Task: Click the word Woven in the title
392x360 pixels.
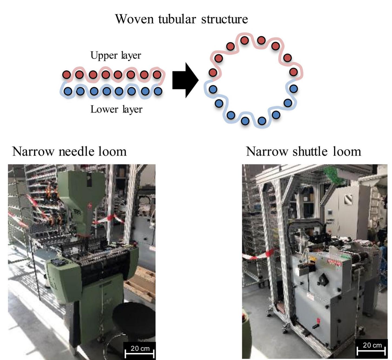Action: [134, 19]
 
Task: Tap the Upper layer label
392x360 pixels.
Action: [116, 55]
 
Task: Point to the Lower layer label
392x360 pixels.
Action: [116, 109]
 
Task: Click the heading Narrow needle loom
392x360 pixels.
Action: [69, 151]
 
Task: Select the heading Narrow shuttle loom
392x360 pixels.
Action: [303, 151]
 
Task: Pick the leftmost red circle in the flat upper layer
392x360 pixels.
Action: [67, 74]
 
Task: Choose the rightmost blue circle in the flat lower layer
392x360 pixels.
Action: [158, 91]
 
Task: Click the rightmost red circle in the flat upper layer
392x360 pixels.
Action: [157, 74]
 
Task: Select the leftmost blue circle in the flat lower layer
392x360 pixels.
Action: [68, 91]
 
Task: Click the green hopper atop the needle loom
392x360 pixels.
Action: [81, 189]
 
